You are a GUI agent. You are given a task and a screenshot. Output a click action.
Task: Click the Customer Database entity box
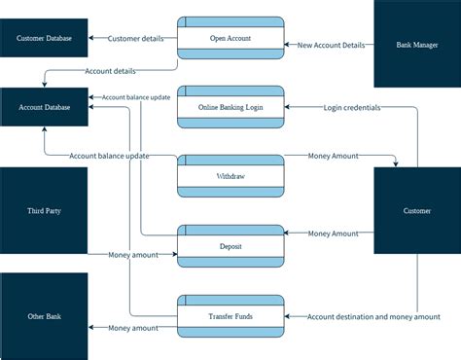click(44, 39)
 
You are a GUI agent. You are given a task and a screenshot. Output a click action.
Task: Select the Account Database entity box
click(44, 107)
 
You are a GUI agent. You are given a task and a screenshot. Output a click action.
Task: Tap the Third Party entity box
click(44, 210)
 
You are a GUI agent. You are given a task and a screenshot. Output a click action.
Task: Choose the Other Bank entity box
click(44, 316)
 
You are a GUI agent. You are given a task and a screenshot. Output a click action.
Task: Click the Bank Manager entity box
click(417, 45)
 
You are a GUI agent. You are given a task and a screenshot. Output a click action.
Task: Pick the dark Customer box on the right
click(417, 210)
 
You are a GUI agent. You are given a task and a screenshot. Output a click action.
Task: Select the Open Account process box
click(230, 39)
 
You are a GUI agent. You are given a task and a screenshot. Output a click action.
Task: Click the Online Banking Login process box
click(230, 107)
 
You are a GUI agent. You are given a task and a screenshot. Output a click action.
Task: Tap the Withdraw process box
click(230, 177)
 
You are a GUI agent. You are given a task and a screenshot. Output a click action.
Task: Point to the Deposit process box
click(230, 246)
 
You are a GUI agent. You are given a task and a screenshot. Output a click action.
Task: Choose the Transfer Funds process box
click(230, 316)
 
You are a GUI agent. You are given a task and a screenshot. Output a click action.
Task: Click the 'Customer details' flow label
click(135, 39)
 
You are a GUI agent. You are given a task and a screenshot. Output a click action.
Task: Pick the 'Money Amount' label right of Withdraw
click(334, 155)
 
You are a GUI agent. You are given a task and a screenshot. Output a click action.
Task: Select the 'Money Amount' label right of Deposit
click(334, 234)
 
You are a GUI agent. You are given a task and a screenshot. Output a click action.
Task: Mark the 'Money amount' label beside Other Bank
click(133, 328)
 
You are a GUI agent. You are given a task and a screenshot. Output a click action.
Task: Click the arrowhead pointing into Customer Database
click(92, 39)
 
